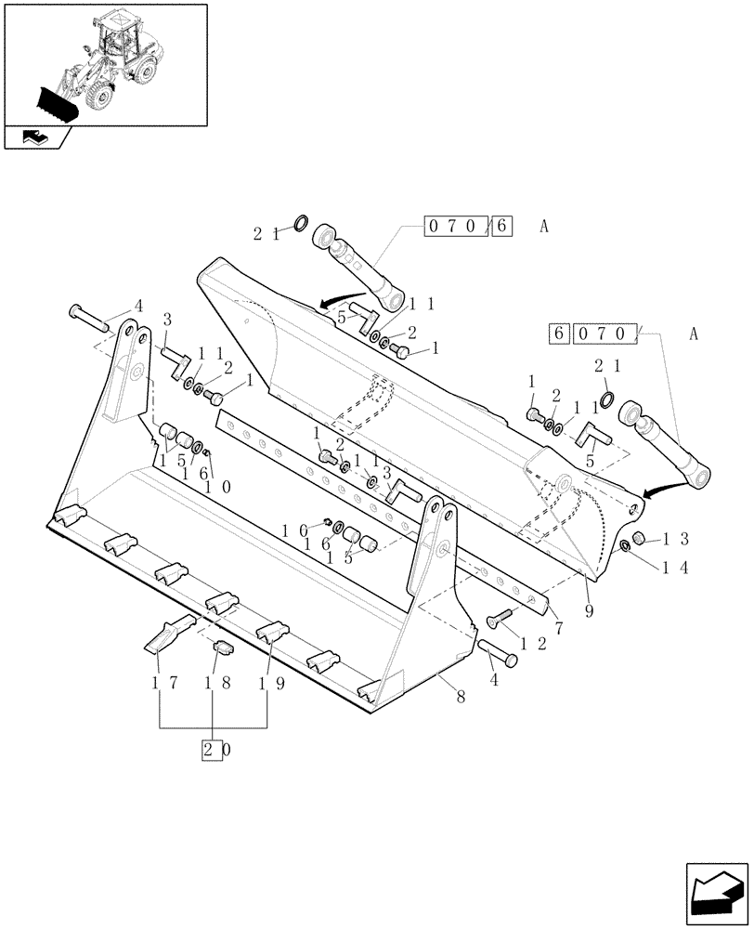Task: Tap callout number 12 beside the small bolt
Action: click(530, 641)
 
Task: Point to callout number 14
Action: click(675, 569)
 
